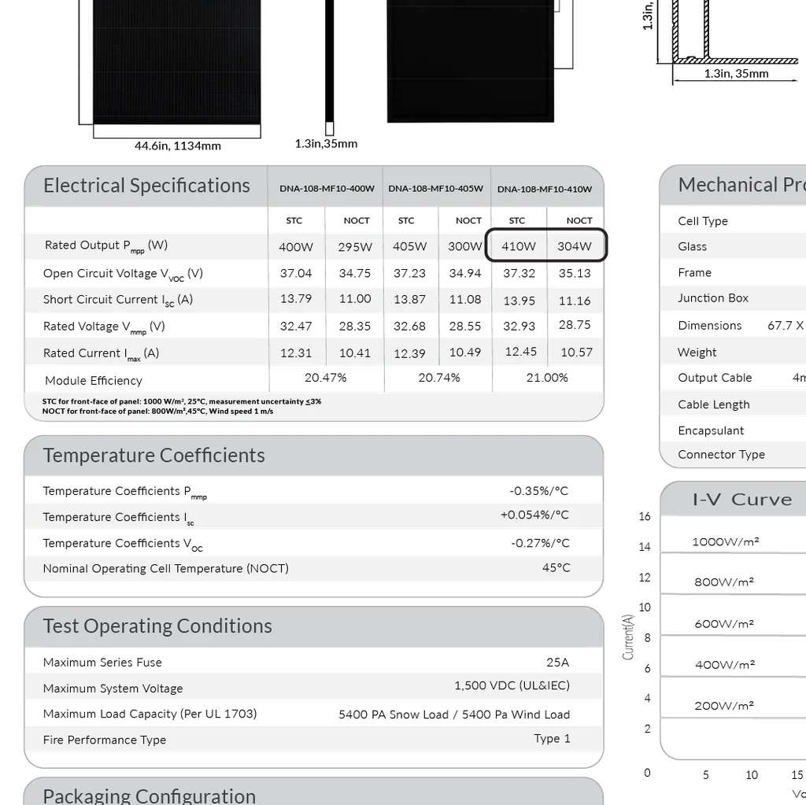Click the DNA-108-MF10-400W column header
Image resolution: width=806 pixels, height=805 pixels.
327,189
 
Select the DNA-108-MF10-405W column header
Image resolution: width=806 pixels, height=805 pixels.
435,189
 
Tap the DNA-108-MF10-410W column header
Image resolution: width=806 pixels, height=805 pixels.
545,189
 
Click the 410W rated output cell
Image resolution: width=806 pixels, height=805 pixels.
518,246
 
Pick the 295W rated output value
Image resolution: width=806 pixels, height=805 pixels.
355,247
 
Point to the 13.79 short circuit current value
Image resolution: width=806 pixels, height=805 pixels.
296,299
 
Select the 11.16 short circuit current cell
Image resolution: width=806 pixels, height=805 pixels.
575,301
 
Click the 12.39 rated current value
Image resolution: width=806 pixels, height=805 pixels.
409,353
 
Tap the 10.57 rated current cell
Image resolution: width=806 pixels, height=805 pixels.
576,353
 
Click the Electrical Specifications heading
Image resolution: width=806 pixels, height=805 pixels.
146,186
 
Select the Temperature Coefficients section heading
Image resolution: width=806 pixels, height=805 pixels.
153,456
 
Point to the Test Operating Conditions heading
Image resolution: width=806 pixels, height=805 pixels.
157,626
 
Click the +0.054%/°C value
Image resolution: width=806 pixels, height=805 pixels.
534,515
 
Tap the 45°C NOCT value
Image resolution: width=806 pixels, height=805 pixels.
556,568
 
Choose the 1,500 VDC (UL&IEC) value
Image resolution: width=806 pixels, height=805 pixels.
512,685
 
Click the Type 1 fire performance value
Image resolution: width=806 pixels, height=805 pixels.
552,739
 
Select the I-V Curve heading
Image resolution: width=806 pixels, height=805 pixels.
741,500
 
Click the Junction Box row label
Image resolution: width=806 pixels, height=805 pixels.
713,298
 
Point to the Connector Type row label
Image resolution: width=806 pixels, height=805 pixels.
721,455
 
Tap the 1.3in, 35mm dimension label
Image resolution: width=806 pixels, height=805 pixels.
736,74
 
